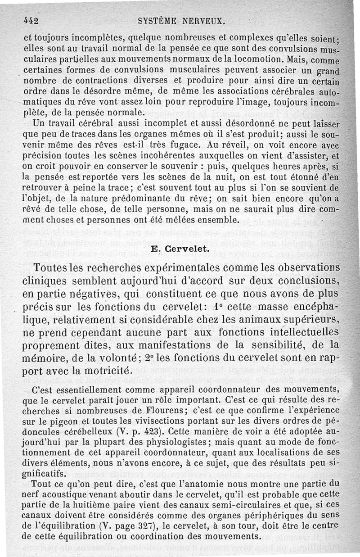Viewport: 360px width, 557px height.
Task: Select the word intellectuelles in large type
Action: click(x=301, y=333)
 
